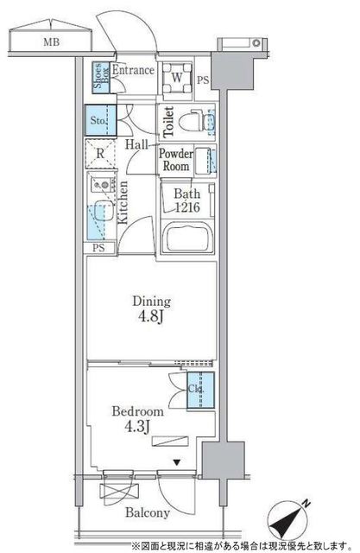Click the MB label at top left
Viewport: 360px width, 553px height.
pos(52,42)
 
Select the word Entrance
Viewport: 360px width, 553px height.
pos(133,70)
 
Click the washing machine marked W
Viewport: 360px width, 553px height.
pos(177,78)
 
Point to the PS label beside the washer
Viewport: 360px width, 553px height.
pos(203,80)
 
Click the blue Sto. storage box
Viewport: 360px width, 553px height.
pos(100,120)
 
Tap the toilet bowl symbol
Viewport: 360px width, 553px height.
pos(193,121)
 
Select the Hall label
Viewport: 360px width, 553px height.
pos(136,144)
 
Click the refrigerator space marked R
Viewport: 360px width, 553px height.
pos(100,153)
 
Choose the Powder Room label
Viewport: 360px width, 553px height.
pos(176,160)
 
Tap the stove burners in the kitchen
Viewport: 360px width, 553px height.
pos(103,184)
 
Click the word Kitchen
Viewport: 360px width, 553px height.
pos(123,202)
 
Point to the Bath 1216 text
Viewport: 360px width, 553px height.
pos(187,200)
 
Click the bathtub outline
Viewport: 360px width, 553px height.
pos(188,238)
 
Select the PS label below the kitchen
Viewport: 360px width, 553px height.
pos(98,248)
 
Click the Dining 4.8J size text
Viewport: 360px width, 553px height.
pos(151,309)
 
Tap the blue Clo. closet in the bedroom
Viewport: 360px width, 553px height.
pos(200,391)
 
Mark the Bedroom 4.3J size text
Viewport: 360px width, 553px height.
pos(138,419)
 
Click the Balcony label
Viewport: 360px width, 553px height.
pos(148,512)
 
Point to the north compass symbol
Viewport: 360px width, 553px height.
pos(288,519)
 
